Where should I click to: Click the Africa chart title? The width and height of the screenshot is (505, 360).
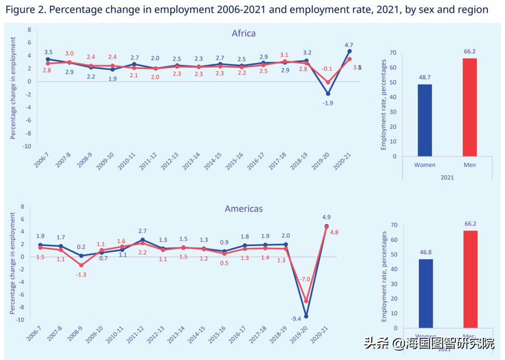(244, 33)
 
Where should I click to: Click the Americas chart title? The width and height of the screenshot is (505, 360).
(244, 209)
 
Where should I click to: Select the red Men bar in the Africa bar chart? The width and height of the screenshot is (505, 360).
(469, 107)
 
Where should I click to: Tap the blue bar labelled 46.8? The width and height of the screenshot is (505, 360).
(426, 293)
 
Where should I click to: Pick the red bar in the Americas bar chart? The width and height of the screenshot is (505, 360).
(470, 279)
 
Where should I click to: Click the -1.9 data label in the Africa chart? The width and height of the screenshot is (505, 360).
(327, 103)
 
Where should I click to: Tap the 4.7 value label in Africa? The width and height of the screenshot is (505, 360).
(348, 44)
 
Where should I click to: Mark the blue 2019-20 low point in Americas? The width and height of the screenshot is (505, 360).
(306, 316)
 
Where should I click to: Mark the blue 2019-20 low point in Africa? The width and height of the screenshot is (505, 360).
(328, 94)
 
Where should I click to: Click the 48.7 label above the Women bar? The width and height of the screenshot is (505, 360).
(425, 78)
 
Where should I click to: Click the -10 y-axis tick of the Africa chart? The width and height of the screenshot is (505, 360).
(26, 146)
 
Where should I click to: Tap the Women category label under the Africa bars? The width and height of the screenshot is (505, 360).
(425, 165)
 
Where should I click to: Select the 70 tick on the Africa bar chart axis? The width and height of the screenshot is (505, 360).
(393, 53)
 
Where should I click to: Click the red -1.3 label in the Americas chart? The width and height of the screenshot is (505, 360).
(81, 274)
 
